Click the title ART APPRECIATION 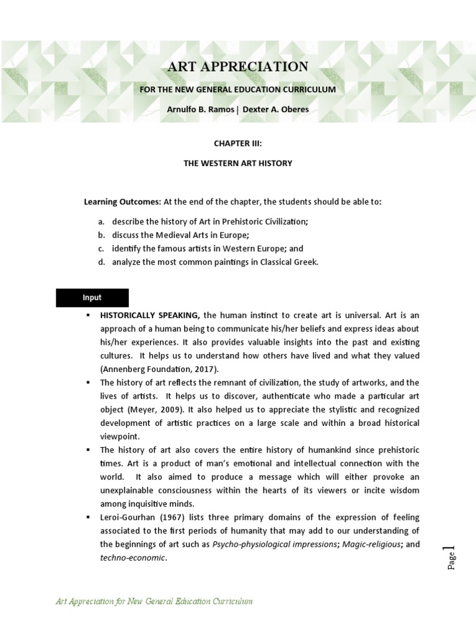point(237,67)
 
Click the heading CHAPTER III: point(237,143)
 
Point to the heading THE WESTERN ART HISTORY point(237,163)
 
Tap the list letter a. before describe point(101,221)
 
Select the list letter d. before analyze point(101,262)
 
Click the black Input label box point(92,298)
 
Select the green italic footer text point(154,602)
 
